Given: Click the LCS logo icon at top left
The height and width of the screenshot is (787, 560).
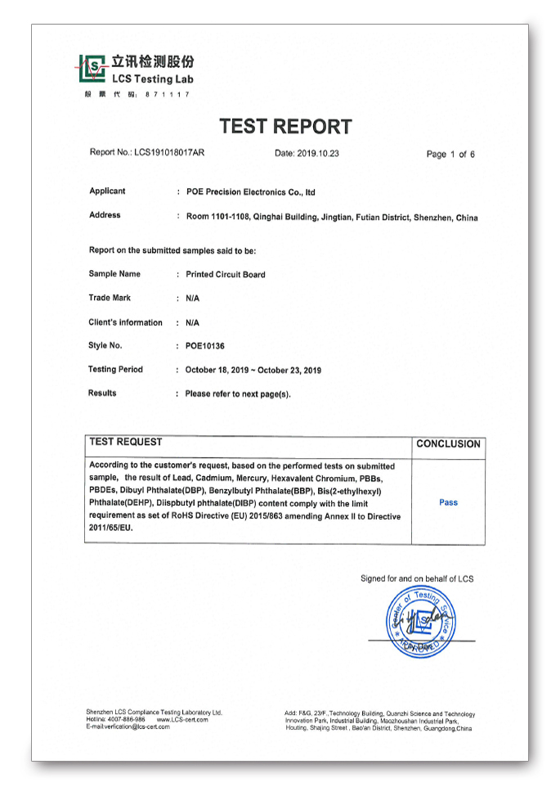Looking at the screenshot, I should (93, 69).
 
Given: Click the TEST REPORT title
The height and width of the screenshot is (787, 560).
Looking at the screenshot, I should (285, 127).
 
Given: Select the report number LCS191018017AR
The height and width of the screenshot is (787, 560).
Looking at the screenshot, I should (169, 152).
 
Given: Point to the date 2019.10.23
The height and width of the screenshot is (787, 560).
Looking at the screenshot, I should (307, 153).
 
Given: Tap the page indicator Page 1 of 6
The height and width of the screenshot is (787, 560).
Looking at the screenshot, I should (450, 154).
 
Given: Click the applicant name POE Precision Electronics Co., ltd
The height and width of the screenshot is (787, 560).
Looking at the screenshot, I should (250, 192).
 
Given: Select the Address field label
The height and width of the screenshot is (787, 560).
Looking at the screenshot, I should (105, 215).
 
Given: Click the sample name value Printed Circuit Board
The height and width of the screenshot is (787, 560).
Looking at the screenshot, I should (226, 275).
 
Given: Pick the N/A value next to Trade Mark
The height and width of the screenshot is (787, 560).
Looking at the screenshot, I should (192, 299).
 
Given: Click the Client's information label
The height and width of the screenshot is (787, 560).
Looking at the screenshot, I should (125, 322).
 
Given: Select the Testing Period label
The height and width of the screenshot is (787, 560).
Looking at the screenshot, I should (115, 370).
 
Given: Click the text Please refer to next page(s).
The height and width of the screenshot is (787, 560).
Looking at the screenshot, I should (238, 393).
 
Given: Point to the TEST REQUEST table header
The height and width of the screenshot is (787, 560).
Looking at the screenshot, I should (126, 442).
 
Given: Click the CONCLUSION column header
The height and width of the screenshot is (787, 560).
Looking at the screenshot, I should (448, 444).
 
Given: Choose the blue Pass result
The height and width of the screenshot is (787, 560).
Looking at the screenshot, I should (448, 502).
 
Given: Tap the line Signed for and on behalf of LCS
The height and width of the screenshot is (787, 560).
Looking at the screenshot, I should (417, 578).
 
